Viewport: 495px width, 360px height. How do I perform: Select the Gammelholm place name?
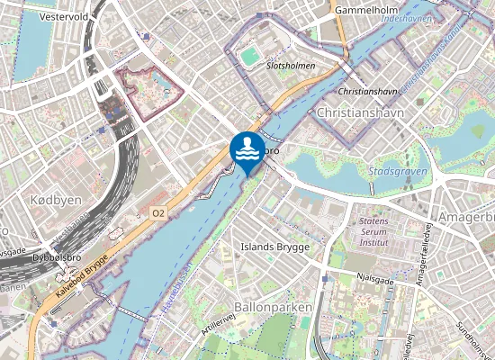(x=366, y=10)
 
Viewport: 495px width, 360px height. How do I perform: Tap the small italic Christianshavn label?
(x=367, y=92)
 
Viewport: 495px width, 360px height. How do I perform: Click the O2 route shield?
(x=158, y=212)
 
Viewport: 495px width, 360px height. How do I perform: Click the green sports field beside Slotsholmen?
(x=249, y=57)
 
